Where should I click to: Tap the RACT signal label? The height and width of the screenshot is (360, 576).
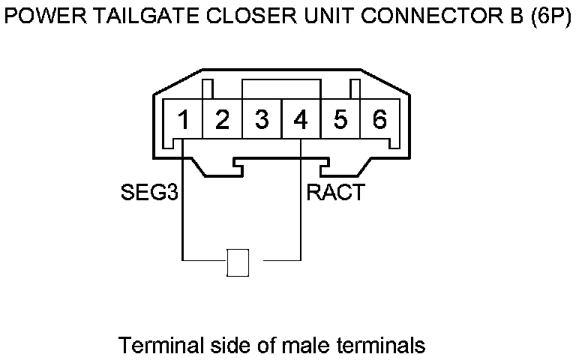point(336,193)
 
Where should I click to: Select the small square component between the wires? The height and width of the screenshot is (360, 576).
point(238,262)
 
